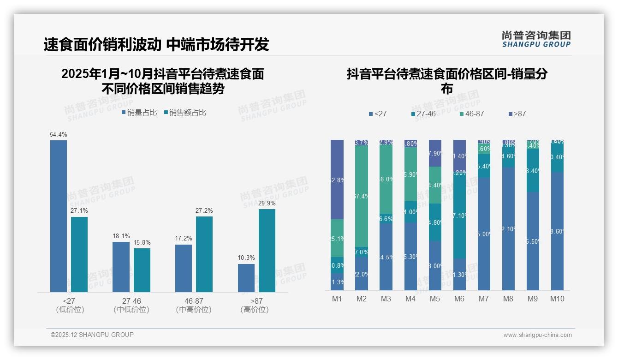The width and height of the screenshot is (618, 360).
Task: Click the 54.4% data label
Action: point(59,135)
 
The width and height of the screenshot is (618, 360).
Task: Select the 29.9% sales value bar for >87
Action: point(267,251)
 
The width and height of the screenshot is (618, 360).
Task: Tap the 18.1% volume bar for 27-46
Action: point(121,267)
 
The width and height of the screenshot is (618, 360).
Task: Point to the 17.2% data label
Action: point(184,239)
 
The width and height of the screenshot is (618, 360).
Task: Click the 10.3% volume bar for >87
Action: point(246,278)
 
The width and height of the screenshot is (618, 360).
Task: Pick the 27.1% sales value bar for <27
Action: point(79,254)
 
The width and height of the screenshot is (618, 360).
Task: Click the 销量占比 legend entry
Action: point(139,113)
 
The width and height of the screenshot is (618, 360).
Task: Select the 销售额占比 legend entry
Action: point(185,113)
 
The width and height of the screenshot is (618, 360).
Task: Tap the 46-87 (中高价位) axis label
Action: point(194,305)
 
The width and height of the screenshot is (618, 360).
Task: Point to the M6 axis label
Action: point(459,299)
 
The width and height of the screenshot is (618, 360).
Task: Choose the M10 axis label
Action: point(557,299)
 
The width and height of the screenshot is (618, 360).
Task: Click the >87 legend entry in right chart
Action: point(517,114)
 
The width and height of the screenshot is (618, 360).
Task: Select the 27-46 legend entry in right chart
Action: point(423,114)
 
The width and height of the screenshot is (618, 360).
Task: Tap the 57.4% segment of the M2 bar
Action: point(362,196)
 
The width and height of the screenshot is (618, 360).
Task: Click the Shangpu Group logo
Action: point(536,39)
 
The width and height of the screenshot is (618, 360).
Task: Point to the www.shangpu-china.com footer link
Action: point(537,335)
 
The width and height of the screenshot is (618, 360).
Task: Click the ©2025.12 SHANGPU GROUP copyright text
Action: point(92,335)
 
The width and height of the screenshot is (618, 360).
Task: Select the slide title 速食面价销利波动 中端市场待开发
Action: point(156,44)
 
